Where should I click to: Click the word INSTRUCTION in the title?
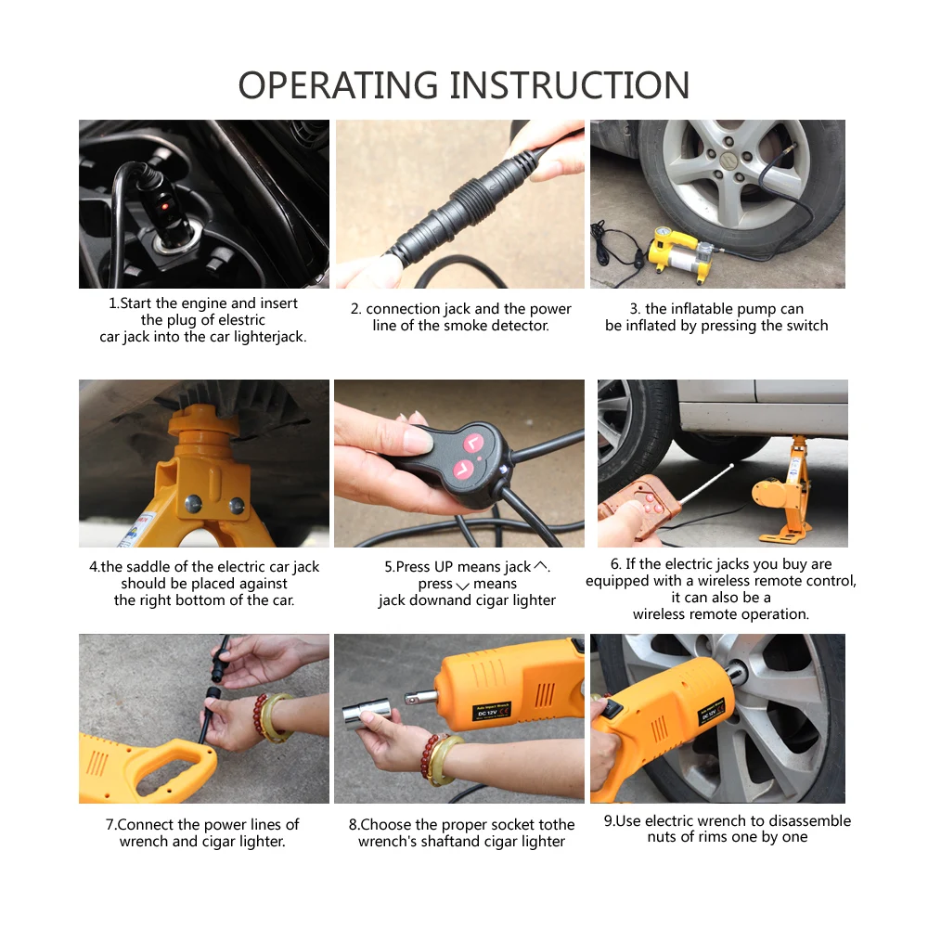[x=570, y=85]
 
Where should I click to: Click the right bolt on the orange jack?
[x=237, y=506]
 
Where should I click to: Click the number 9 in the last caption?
[x=608, y=821]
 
